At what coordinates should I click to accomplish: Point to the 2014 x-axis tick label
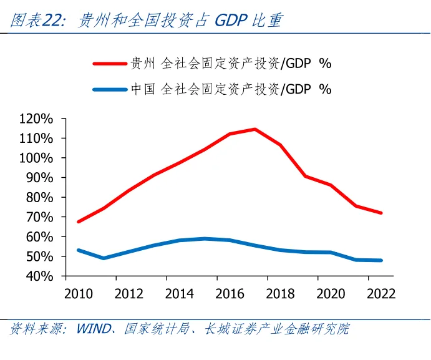[180, 294]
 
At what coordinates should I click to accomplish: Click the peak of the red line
[254, 129]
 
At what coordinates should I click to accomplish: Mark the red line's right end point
[380, 213]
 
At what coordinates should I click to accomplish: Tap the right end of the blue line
[380, 260]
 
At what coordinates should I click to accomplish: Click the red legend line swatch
[110, 63]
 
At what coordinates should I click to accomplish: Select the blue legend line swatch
[110, 89]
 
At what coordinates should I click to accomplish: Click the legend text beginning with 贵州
[230, 63]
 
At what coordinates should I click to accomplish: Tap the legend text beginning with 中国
[230, 89]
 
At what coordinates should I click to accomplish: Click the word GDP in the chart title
[231, 21]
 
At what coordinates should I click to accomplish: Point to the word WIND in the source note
[93, 329]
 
